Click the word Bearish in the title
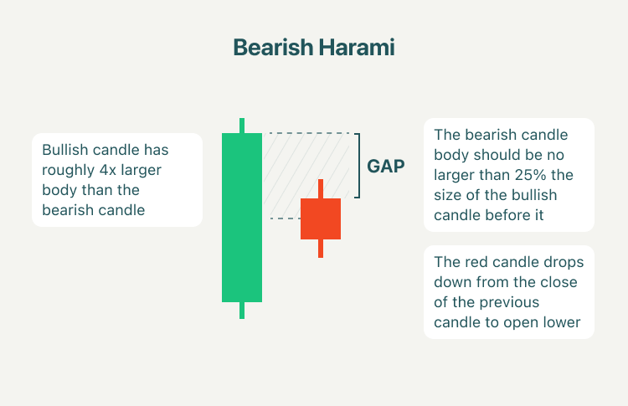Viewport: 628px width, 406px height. (x=273, y=47)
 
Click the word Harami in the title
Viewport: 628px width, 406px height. (x=357, y=47)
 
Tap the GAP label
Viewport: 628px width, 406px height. (x=386, y=166)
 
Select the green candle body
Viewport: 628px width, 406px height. (x=242, y=218)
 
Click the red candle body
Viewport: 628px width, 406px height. (x=321, y=218)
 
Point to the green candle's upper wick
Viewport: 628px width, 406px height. (x=242, y=126)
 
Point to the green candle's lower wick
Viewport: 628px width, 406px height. (x=242, y=311)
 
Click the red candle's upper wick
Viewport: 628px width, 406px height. (x=321, y=188)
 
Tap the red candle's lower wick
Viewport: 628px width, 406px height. (x=321, y=249)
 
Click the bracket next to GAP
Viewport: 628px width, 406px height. (x=359, y=166)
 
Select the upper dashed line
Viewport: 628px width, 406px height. (x=309, y=133)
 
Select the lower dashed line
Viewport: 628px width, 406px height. (x=286, y=218)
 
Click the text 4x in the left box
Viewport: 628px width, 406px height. (x=108, y=170)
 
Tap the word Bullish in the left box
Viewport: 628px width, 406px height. (x=64, y=150)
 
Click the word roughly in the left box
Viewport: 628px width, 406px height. (x=68, y=171)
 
